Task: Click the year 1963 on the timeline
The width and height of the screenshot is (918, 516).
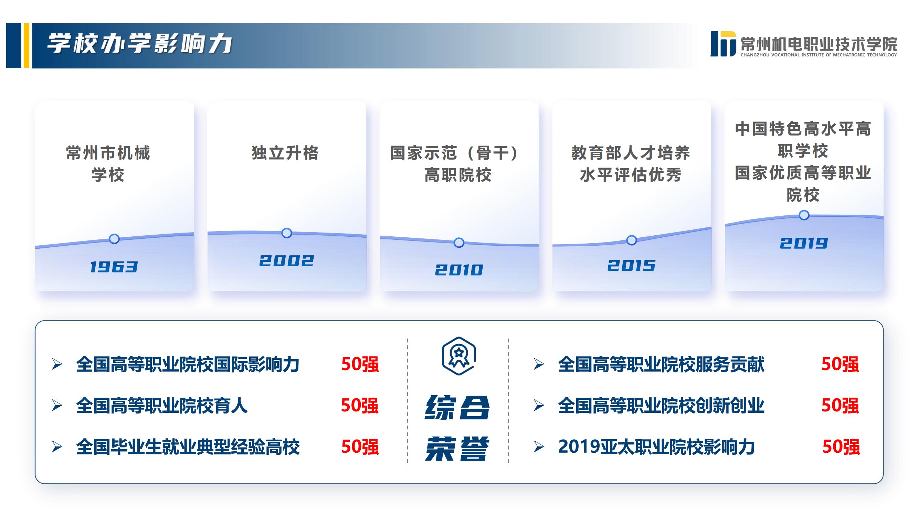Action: pyautogui.click(x=114, y=267)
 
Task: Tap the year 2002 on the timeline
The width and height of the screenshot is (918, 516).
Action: pyautogui.click(x=286, y=261)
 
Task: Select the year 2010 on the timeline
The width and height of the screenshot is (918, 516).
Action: pyautogui.click(x=459, y=270)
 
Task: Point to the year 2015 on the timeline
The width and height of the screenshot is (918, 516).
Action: pyautogui.click(x=632, y=265)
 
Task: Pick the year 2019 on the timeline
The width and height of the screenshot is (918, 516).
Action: pyautogui.click(x=804, y=243)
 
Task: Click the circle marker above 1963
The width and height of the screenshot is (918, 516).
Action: pyautogui.click(x=114, y=239)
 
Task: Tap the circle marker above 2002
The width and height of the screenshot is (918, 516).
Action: pyautogui.click(x=286, y=233)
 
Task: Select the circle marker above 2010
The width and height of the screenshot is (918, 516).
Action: pyautogui.click(x=459, y=243)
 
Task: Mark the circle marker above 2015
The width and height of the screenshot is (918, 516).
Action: pyautogui.click(x=632, y=240)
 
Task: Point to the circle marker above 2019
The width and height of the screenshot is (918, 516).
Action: pyautogui.click(x=804, y=215)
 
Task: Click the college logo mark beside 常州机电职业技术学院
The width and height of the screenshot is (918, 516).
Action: pyautogui.click(x=723, y=44)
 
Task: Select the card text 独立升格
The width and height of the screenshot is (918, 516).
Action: pyautogui.click(x=285, y=153)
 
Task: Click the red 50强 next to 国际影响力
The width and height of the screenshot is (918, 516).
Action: pyautogui.click(x=360, y=364)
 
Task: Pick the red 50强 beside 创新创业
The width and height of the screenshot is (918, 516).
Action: pyautogui.click(x=840, y=406)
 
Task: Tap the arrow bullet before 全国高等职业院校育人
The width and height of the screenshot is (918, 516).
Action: pyautogui.click(x=57, y=406)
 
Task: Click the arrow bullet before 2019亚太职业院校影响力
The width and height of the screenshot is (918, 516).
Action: pyautogui.click(x=538, y=447)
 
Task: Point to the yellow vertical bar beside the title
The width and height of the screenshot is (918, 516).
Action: pyautogui.click(x=27, y=46)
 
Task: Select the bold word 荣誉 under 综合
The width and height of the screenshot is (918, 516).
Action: pyautogui.click(x=457, y=448)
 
